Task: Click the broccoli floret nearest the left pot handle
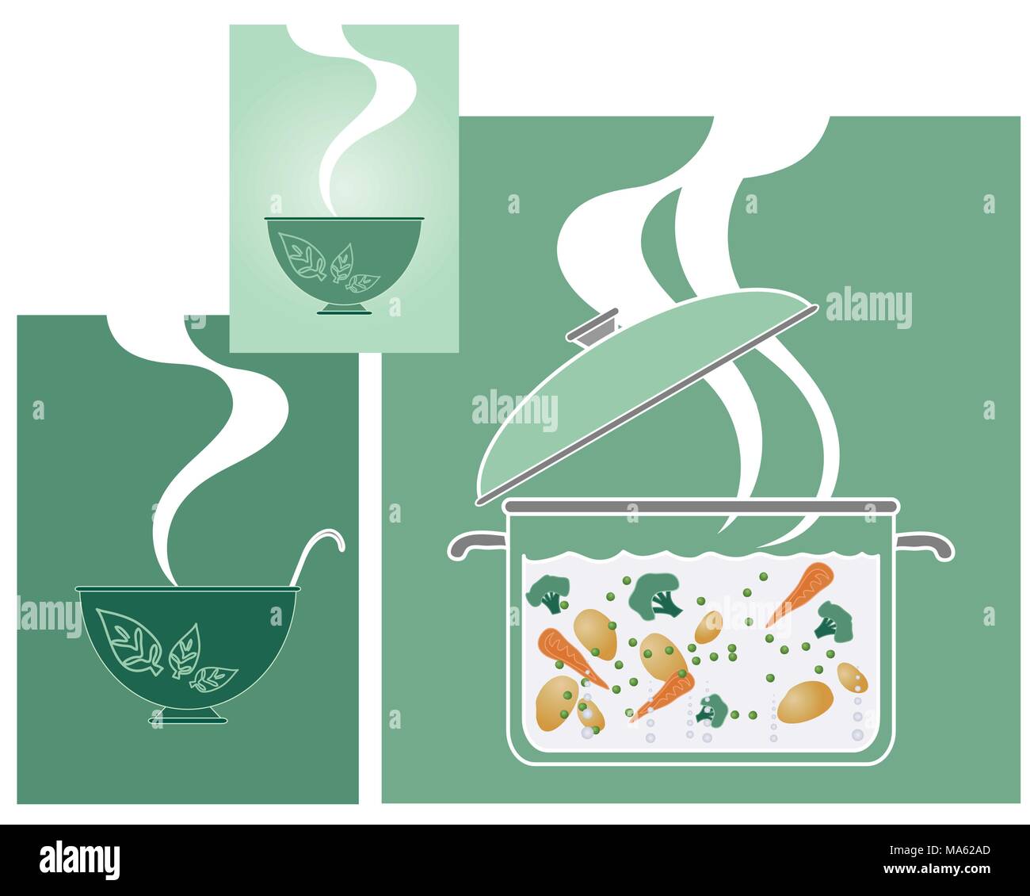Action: pos(547,592)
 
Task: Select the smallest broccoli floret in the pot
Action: pos(712,709)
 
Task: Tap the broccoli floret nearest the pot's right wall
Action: pos(834,620)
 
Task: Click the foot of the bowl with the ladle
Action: pos(187,716)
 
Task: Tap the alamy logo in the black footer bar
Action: pos(79,860)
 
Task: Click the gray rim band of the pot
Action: pos(701,505)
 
